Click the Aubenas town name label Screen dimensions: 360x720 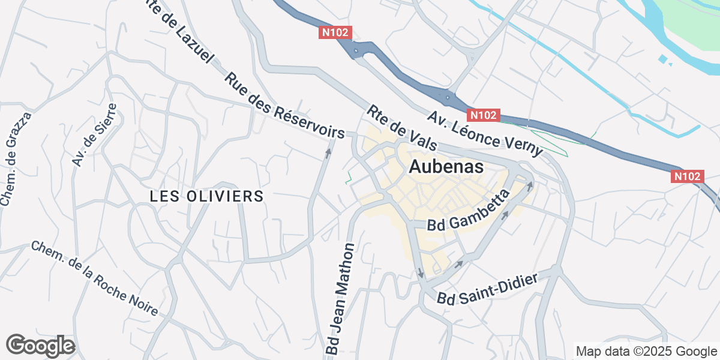pos(445,167)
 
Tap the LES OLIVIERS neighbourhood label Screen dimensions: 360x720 pos(206,196)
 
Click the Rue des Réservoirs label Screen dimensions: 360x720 pos(284,106)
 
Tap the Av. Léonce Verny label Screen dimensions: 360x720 pos(485,134)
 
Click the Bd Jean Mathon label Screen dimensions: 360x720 pos(340,298)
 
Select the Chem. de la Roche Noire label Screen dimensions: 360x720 pos(94,278)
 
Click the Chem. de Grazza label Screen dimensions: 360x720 pos(16,159)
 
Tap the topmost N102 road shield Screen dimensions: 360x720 pos(334,33)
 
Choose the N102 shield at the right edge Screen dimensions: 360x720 pos(686,176)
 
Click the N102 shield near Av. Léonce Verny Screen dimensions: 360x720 pos(483,115)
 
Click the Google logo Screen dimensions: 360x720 pos(40,346)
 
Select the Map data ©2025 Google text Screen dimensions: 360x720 pos(646,351)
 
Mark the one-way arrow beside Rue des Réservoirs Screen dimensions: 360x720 pos(328,153)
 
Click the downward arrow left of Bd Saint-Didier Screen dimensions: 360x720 pos(420,273)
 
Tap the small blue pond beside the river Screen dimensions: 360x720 pos(662,59)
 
